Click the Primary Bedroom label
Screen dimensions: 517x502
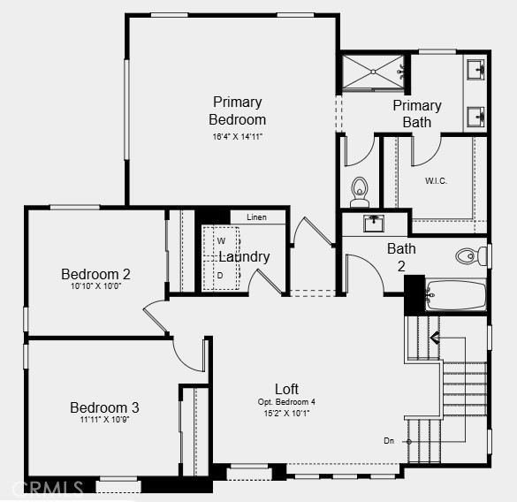click(x=237, y=110)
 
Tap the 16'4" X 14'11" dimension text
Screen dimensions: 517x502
click(x=238, y=137)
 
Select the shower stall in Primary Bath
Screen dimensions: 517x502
click(x=373, y=72)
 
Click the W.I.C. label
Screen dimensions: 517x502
click(x=436, y=181)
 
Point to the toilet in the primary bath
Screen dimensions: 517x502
click(x=360, y=193)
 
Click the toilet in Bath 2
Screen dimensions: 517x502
click(x=471, y=256)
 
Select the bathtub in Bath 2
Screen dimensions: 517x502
click(x=456, y=295)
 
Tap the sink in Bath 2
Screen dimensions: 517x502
click(x=374, y=224)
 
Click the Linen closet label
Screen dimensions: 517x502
click(x=256, y=217)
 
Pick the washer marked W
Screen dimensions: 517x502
click(x=221, y=241)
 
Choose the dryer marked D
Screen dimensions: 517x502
click(x=220, y=275)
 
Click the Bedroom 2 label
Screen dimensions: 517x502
click(x=95, y=274)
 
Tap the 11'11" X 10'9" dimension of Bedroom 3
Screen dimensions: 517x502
click(x=104, y=420)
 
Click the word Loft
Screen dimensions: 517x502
click(x=286, y=389)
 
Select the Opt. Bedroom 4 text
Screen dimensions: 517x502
click(x=286, y=402)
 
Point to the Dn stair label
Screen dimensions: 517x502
click(x=389, y=441)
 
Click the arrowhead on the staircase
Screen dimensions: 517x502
click(x=435, y=338)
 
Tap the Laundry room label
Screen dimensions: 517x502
click(x=244, y=257)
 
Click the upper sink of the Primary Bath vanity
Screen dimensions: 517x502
click(x=475, y=69)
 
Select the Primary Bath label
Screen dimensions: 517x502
click(x=417, y=114)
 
